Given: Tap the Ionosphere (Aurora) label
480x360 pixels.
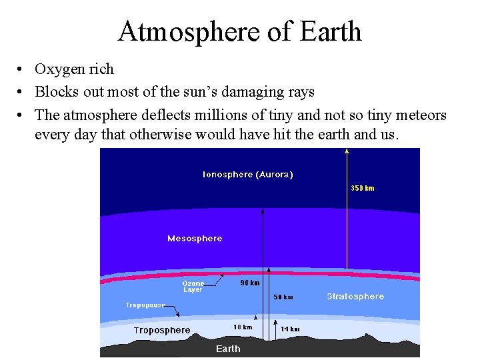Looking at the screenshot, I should coord(247,175).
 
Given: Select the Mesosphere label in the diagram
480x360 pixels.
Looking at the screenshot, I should coord(195,239).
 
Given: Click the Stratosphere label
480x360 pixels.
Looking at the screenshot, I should coord(355,297).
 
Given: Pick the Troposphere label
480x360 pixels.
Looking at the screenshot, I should coord(162,331).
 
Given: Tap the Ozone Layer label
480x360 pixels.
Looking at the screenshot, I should coord(193,287).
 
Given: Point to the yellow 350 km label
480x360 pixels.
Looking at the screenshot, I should coord(363,188).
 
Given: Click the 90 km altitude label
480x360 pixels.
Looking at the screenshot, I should coord(249,283).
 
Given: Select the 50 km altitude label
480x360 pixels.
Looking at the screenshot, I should coord(283,297).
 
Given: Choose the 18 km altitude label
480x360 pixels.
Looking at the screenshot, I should coord(243,327).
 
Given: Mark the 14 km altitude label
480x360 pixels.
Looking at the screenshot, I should coord(290,329).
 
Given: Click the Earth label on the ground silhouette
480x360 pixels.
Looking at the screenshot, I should coord(228,349).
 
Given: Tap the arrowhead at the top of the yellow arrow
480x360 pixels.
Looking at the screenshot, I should coord(347,151).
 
